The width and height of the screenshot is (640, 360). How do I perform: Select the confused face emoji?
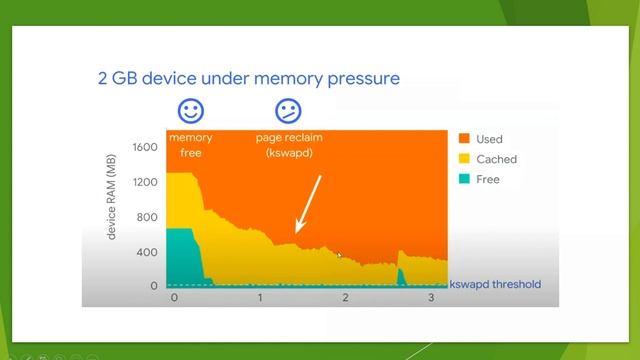(288, 110)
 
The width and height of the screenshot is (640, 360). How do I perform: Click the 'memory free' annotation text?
(190, 145)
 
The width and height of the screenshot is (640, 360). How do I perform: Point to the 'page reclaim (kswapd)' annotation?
(289, 145)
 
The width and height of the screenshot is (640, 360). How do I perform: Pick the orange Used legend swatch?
(465, 139)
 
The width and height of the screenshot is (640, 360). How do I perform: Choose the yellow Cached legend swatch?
(465, 159)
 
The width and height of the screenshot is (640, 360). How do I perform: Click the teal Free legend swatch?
(465, 179)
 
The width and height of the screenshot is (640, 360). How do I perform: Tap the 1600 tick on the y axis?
(145, 147)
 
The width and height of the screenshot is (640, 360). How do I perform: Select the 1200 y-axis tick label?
(145, 182)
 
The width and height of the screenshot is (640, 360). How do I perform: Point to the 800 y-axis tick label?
(148, 217)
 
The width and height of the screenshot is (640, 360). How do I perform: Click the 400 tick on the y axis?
(148, 252)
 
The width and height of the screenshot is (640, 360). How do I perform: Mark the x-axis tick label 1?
(261, 299)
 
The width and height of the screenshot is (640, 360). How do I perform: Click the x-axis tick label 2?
(346, 299)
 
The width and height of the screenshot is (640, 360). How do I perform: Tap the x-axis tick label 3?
(431, 299)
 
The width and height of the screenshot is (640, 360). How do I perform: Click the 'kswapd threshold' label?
(495, 284)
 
